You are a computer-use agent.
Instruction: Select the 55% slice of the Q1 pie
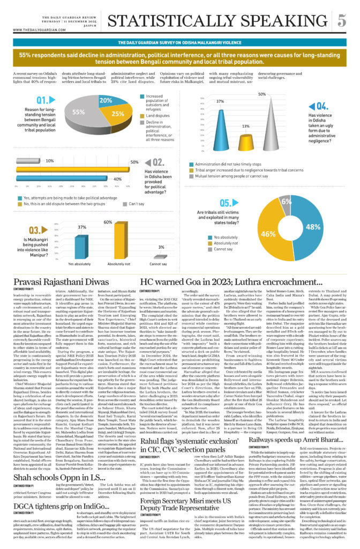[80, 113]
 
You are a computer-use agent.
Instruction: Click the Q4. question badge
[322, 106]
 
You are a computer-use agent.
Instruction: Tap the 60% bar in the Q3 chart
[108, 241]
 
